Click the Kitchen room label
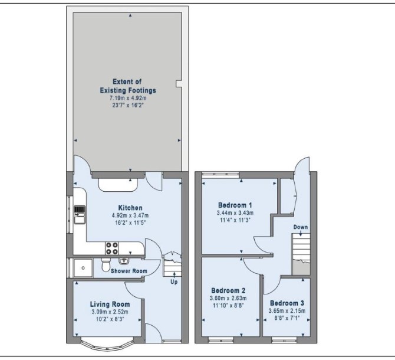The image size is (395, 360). (130, 208)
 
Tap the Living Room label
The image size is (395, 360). (110, 305)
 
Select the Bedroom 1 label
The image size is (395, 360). (235, 205)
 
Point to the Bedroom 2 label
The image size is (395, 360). (228, 291)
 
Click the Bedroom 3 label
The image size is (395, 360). (287, 303)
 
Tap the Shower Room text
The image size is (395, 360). (129, 271)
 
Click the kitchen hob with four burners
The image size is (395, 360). (112, 248)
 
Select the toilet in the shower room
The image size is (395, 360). (106, 265)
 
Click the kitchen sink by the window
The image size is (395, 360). (80, 215)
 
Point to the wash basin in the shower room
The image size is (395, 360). (124, 261)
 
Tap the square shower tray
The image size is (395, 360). (83, 268)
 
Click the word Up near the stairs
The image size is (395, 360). (174, 282)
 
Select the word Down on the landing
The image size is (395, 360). (301, 227)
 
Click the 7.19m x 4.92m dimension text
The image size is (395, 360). (128, 98)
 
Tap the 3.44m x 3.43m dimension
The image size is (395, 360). (235, 213)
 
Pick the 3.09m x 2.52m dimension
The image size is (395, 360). (110, 312)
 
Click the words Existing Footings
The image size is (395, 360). (128, 90)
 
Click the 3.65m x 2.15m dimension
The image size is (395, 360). (287, 311)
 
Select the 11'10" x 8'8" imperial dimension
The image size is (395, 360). (228, 306)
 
